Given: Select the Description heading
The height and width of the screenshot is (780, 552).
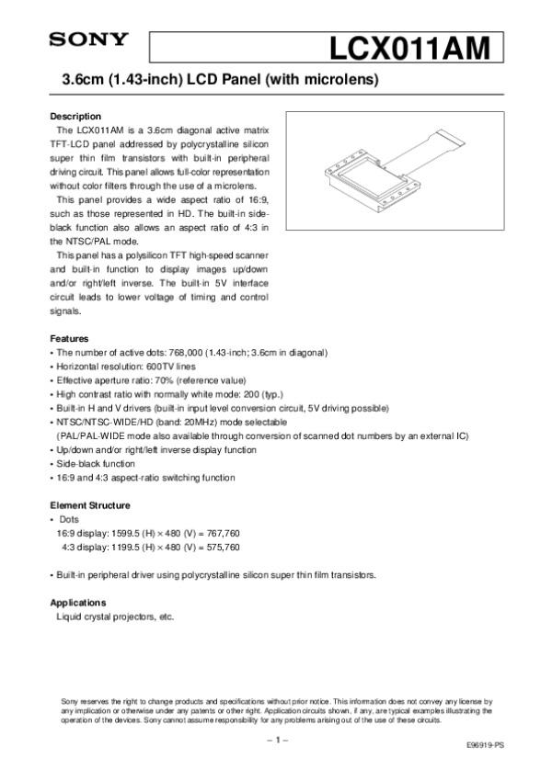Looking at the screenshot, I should (x=75, y=117).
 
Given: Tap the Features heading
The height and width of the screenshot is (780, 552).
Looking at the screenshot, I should (x=69, y=338).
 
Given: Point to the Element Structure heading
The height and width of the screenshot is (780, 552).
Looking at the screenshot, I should (x=89, y=505).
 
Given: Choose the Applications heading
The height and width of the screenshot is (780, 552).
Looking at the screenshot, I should (x=78, y=603).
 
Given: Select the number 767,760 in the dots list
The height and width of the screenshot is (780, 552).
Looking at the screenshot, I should (x=221, y=533).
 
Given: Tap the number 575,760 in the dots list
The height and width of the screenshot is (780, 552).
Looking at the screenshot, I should (x=221, y=547).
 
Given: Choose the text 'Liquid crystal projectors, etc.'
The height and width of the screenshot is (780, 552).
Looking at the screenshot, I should (x=115, y=617).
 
